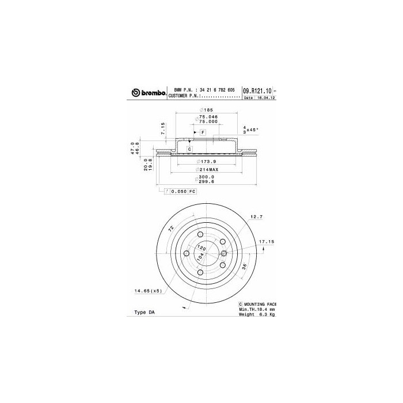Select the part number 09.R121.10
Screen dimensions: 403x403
point(256,91)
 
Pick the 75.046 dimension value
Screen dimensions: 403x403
point(207,116)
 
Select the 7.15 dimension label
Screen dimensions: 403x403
point(163,127)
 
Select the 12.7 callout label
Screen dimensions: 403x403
point(256,217)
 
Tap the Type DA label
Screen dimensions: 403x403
point(145,312)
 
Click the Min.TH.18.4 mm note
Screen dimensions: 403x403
point(257,309)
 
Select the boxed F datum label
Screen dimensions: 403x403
point(203,133)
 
